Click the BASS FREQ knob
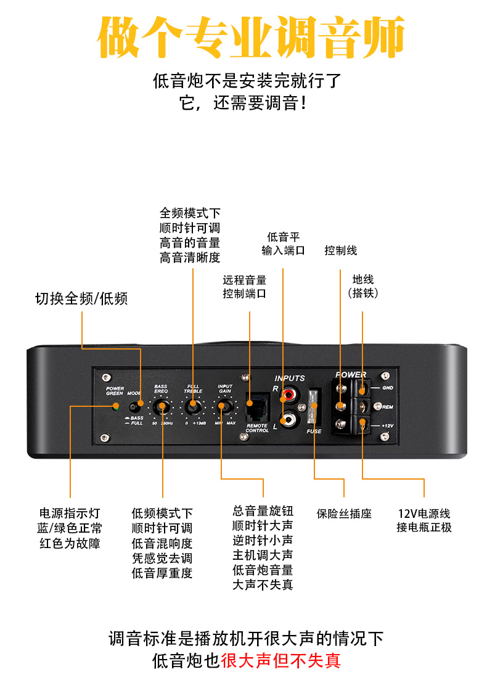point(162,407)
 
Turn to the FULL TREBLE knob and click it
point(193,407)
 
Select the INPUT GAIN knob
point(224,407)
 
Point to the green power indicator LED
point(115,407)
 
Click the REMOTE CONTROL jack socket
point(257,405)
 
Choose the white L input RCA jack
point(288,420)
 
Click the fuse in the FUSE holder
point(314,406)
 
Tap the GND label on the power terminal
point(388,388)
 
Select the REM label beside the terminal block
point(388,407)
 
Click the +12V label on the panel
point(387,426)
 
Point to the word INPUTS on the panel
point(290,379)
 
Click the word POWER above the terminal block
point(350,375)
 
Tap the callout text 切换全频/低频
point(81,299)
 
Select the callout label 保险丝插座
point(344,514)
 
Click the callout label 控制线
point(341,250)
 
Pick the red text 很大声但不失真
point(280,661)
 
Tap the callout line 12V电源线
point(424,514)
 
